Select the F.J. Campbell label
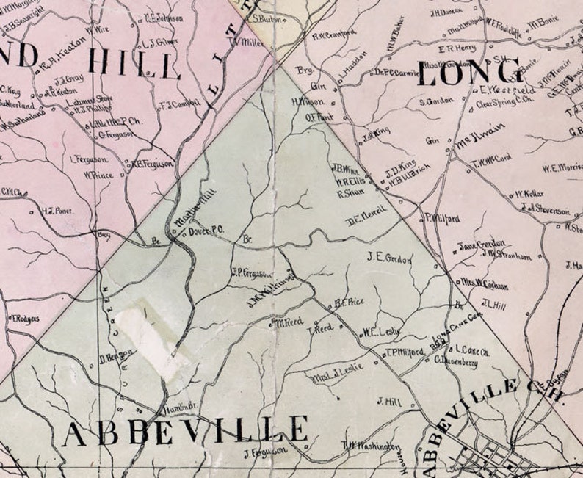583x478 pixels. click(179, 104)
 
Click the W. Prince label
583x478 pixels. click(97, 175)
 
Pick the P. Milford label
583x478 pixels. click(442, 218)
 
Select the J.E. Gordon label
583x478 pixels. click(390, 258)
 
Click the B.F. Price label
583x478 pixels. click(349, 301)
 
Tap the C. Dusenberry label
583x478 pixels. click(457, 361)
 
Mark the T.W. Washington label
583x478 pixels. click(372, 446)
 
